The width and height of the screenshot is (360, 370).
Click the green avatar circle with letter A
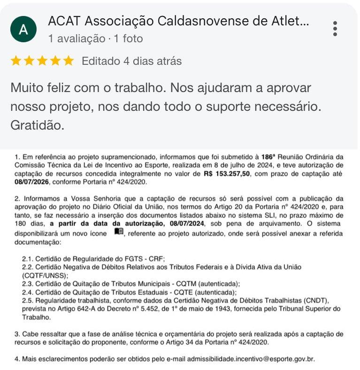click(x=23, y=30)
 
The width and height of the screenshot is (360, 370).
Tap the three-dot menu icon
click(x=335, y=29)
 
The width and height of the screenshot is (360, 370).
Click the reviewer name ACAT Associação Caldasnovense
click(x=178, y=21)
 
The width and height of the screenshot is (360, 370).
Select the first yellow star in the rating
click(x=16, y=61)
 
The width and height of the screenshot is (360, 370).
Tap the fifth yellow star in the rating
click(x=69, y=61)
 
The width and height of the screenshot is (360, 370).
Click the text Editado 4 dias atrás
click(x=131, y=61)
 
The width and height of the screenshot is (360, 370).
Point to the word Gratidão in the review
click(x=37, y=126)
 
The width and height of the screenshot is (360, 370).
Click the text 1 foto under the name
click(x=128, y=39)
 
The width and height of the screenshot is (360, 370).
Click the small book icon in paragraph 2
click(x=119, y=231)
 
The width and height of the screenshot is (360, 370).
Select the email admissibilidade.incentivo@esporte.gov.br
click(x=251, y=359)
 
